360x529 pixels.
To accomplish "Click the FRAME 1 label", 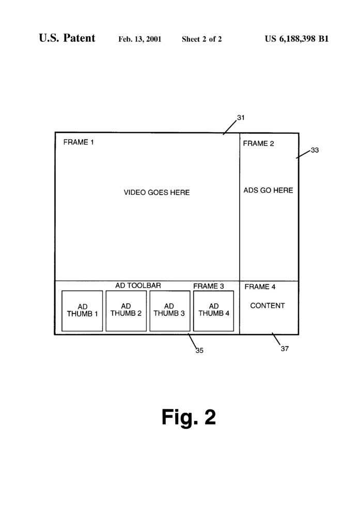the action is tap(79, 142).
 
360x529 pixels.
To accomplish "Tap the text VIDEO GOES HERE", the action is tap(156, 192).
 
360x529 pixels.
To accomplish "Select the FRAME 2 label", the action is tap(258, 144).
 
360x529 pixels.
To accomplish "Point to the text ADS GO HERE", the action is tap(268, 190).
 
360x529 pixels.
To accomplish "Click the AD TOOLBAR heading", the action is tap(138, 285).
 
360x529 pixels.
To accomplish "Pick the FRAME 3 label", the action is tap(209, 286).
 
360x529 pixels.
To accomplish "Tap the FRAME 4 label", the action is tap(260, 287).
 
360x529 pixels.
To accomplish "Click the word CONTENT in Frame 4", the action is tap(268, 306).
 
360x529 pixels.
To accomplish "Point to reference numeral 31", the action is tap(241, 117).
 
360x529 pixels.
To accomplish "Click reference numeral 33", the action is tap(315, 150).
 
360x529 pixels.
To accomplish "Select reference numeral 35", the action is tap(199, 351).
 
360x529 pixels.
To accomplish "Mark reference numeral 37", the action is tap(285, 349).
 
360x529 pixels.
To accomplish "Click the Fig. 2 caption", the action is tap(189, 417).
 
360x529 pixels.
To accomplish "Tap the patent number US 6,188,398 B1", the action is tap(296, 39).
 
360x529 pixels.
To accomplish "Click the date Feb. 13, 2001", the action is tap(139, 39).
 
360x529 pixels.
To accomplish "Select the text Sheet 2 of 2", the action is tap(202, 39).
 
